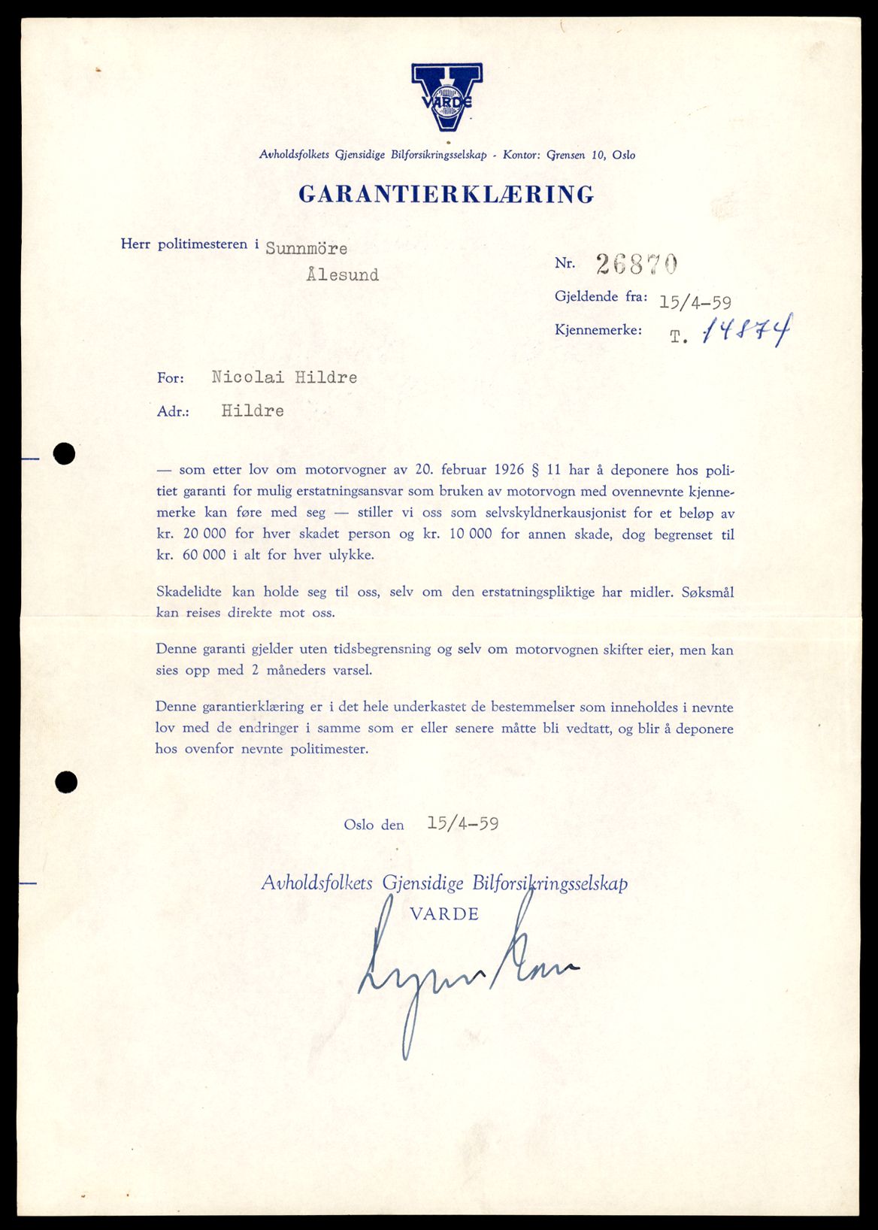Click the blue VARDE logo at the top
447,96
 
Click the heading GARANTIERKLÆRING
447,194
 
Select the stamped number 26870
637,263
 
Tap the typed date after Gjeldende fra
695,302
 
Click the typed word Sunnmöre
306,248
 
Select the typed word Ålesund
342,275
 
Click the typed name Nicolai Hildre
284,377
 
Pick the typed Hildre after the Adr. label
253,411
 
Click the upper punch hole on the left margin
65,453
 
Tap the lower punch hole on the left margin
66,782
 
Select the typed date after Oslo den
462,823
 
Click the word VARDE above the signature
444,914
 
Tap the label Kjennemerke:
598,329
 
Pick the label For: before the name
171,378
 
